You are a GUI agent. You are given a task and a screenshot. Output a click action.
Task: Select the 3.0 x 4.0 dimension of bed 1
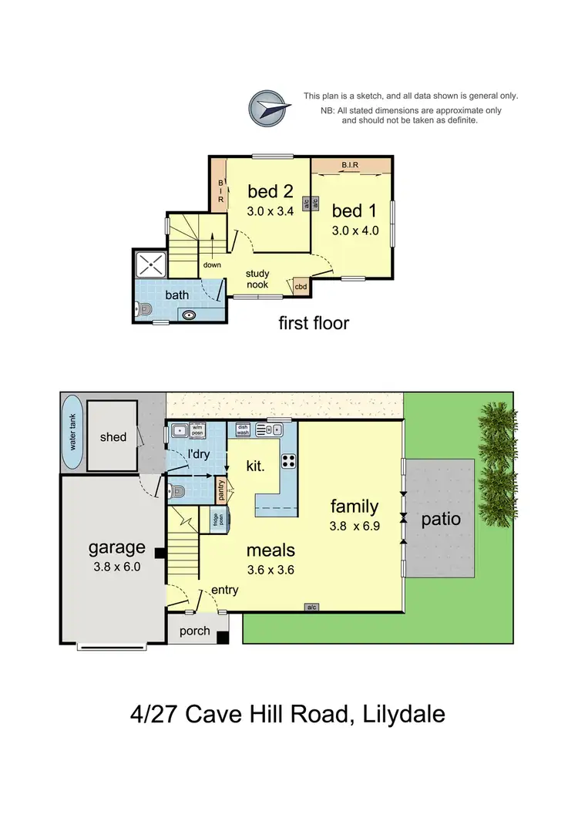click(355, 230)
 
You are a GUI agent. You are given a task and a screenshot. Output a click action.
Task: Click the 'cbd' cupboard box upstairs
click(301, 287)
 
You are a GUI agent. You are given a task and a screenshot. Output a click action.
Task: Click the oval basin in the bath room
click(190, 314)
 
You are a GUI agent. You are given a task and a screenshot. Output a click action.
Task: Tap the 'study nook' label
click(257, 279)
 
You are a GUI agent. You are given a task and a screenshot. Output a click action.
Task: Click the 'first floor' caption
click(314, 323)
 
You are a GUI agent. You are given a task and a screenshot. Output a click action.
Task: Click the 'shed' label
click(113, 437)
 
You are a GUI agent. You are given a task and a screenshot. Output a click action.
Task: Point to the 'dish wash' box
click(243, 430)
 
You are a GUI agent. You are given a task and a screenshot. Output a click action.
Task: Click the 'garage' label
click(116, 547)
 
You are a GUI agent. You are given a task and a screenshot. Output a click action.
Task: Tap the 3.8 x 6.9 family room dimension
click(355, 529)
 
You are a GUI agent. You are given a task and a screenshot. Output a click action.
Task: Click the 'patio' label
click(441, 519)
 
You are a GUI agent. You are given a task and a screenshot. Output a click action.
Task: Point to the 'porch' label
click(194, 631)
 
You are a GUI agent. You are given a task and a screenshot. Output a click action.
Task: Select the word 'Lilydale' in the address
click(398, 714)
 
